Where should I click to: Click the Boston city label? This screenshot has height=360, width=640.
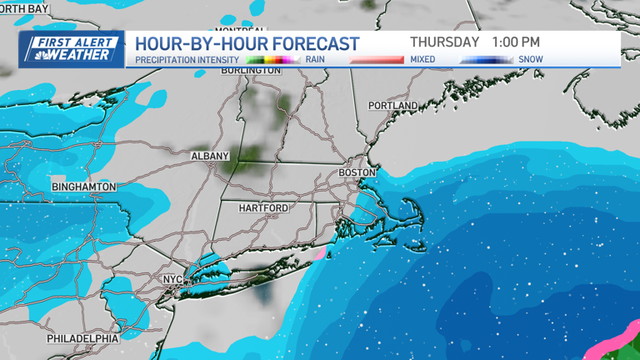coord(357,172)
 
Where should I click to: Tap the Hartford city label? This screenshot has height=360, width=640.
coord(263,207)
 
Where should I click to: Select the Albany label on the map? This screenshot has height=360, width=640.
coord(209,156)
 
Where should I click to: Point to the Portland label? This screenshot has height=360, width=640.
coord(392,106)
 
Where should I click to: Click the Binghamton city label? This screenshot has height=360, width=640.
coord(83,187)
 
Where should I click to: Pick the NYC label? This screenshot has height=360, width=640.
coord(172,279)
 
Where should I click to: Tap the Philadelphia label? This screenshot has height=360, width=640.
coord(82,338)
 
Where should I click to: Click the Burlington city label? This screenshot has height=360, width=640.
coord(251,71)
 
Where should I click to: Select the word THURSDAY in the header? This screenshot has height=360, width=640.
coord(444,42)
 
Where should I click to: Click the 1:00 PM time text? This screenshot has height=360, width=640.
coord(515,42)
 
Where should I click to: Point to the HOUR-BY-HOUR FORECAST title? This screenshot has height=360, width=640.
coord(247,43)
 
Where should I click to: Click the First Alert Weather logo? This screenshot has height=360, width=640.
coord(72,49)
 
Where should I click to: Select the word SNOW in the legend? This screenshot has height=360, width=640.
coord(530,60)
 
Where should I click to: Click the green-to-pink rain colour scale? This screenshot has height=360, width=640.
coord(272,60)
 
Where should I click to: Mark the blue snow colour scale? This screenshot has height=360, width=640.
coord(486,60)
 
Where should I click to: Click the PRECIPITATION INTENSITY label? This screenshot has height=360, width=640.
coord(187,60)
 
